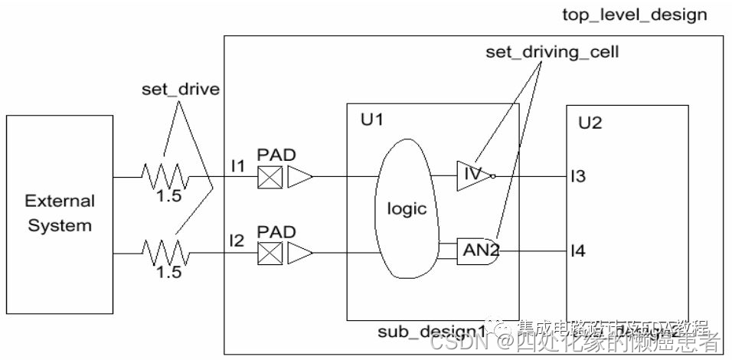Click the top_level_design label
click(x=635, y=15)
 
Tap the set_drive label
click(x=181, y=89)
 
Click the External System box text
click(x=59, y=214)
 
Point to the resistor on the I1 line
click(x=165, y=178)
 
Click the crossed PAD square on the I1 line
click(x=270, y=178)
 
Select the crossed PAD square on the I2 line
click(x=270, y=252)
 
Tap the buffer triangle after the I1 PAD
click(x=300, y=178)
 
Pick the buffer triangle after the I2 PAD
click(x=300, y=252)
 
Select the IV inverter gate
click(x=472, y=175)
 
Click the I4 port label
click(x=577, y=250)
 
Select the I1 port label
click(x=237, y=166)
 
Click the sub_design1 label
click(x=432, y=331)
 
